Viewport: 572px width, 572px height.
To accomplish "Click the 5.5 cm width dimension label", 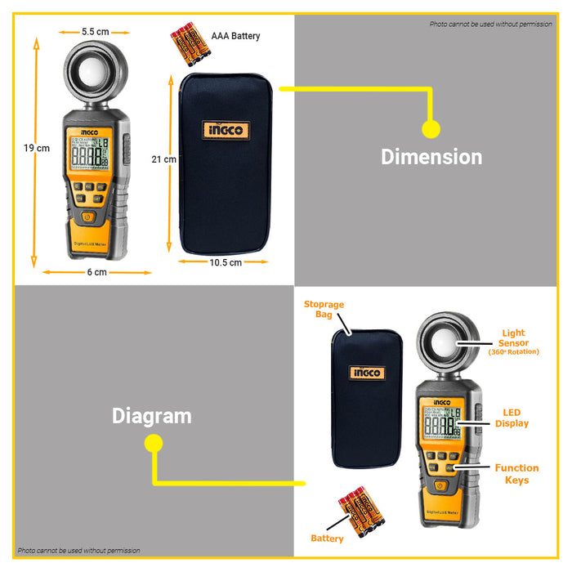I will tap(95, 31).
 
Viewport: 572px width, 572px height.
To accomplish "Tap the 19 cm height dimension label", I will tap(37, 148).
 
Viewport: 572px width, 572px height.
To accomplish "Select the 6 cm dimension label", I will tap(96, 272).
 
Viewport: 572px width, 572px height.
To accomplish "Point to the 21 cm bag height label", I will tap(164, 160).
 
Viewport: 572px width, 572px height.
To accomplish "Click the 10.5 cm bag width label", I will tap(226, 263).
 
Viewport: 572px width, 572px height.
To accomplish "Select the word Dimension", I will tap(431, 157).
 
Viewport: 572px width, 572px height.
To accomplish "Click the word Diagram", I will tap(151, 416).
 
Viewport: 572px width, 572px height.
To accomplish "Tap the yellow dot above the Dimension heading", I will tap(431, 128).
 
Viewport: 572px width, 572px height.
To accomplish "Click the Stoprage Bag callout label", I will tap(324, 309).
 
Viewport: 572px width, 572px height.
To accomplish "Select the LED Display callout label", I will tap(512, 418).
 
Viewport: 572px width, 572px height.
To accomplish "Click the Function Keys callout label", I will tap(516, 474).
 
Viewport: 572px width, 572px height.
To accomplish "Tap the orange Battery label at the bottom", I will tap(327, 538).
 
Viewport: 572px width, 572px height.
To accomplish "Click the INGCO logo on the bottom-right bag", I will tap(367, 373).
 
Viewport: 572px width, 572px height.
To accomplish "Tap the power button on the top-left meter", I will tap(87, 217).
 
